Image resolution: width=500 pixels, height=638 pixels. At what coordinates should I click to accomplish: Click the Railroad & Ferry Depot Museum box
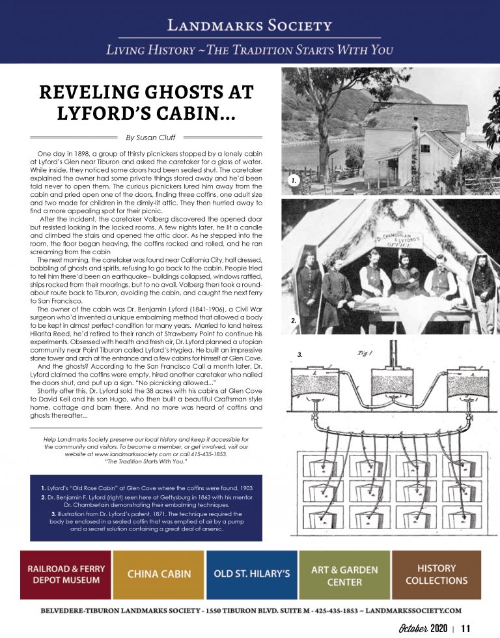click(x=64, y=574)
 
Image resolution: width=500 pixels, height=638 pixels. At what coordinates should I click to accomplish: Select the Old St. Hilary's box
click(x=251, y=574)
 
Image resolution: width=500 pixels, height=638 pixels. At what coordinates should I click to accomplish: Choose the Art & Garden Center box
click(x=344, y=574)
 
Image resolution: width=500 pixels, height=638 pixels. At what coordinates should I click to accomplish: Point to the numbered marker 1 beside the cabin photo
click(x=294, y=181)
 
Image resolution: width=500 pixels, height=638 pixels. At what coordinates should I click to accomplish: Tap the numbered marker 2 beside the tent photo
click(x=294, y=321)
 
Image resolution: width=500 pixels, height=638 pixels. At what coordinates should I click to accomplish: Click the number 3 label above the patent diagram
click(x=300, y=355)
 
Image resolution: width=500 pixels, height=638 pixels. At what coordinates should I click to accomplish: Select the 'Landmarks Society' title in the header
click(x=250, y=26)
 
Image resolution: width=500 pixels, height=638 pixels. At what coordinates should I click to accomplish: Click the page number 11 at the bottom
click(x=465, y=628)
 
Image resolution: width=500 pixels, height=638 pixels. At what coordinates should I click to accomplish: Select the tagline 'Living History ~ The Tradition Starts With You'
click(x=250, y=50)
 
